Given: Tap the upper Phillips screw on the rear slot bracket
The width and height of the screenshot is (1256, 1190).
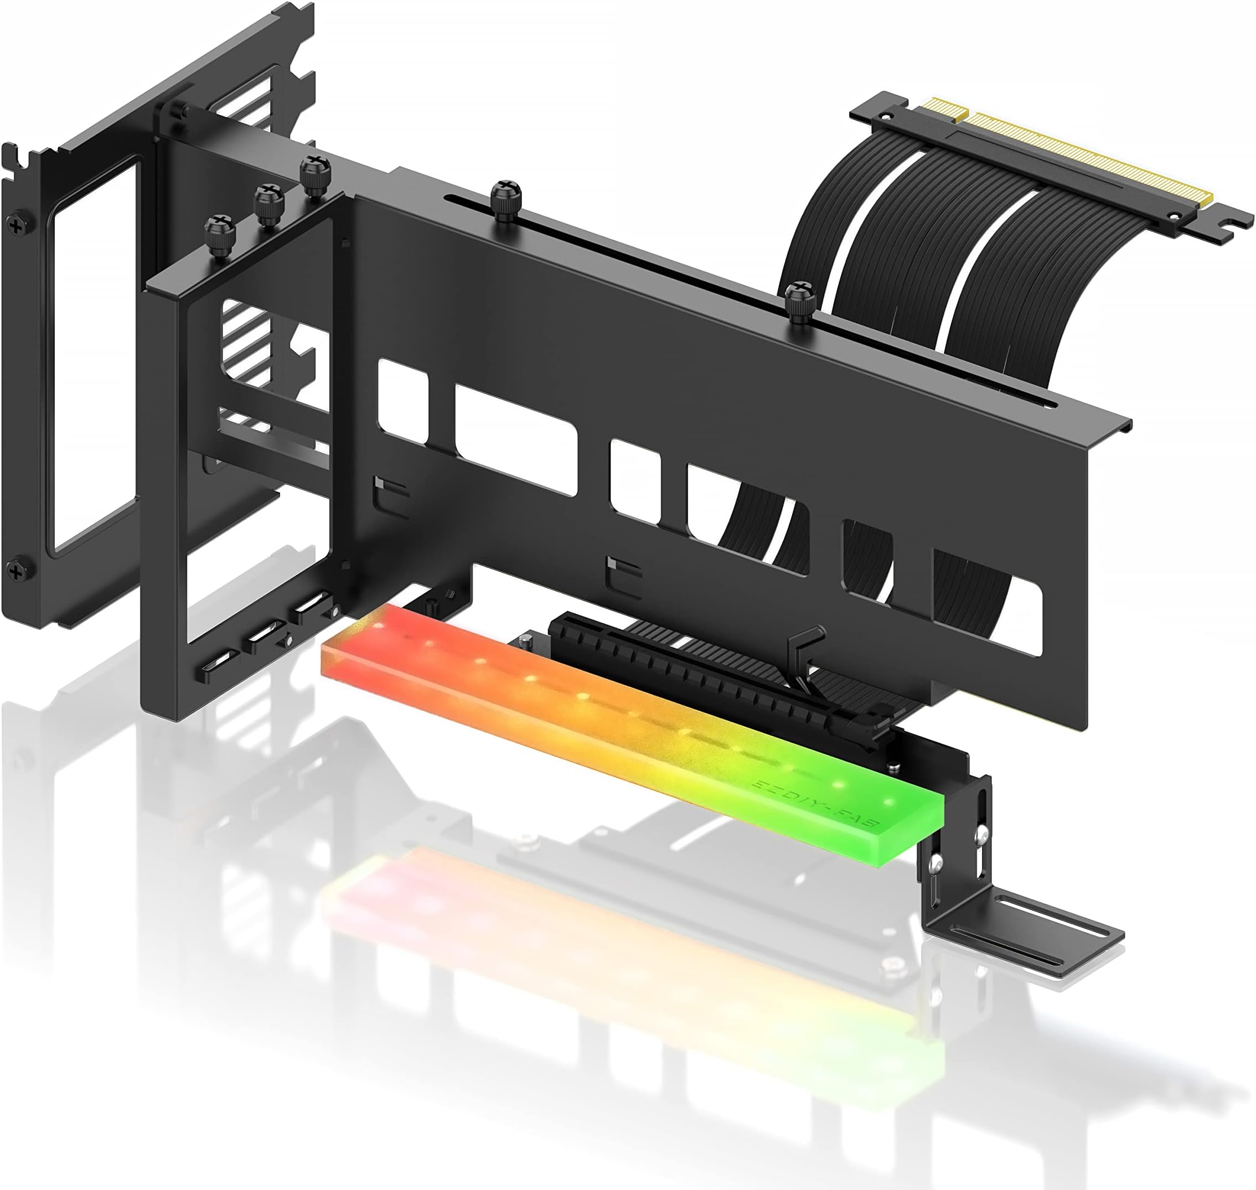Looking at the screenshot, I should click(x=14, y=223).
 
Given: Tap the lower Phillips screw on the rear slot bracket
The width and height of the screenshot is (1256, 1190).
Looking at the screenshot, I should click(x=14, y=569).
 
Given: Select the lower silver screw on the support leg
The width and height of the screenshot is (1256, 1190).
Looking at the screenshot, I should click(x=934, y=863).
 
